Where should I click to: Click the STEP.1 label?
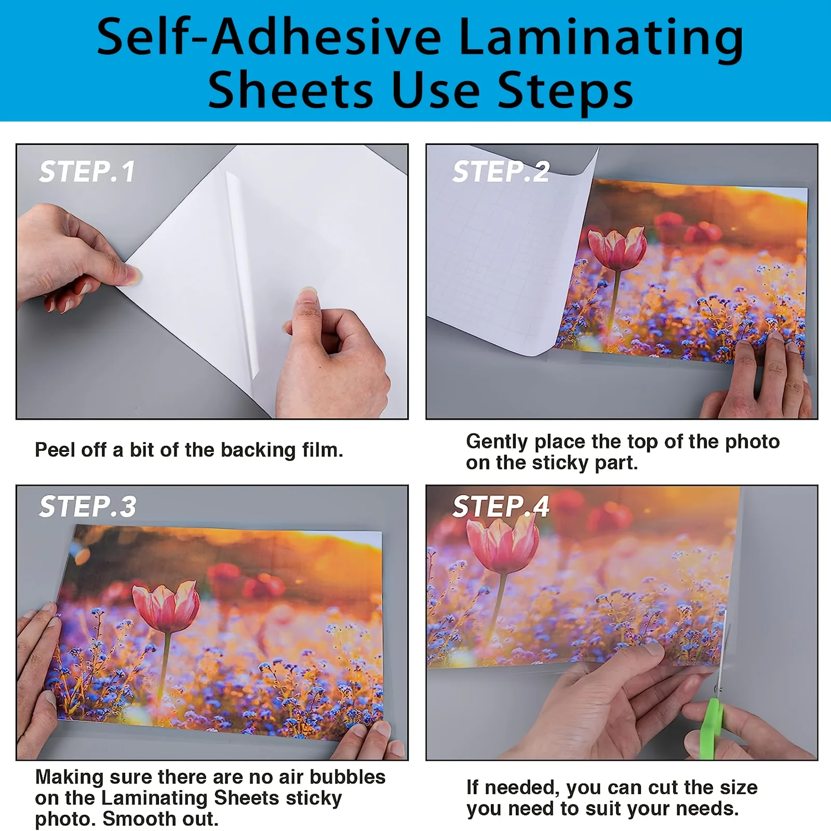(x=87, y=172)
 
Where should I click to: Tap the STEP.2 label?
(x=501, y=172)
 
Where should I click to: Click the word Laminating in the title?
(x=601, y=37)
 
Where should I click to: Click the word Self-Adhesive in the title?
(x=269, y=37)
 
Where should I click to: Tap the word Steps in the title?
(x=565, y=91)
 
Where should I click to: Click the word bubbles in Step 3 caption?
(x=347, y=777)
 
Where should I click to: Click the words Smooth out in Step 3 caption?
(x=160, y=819)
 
